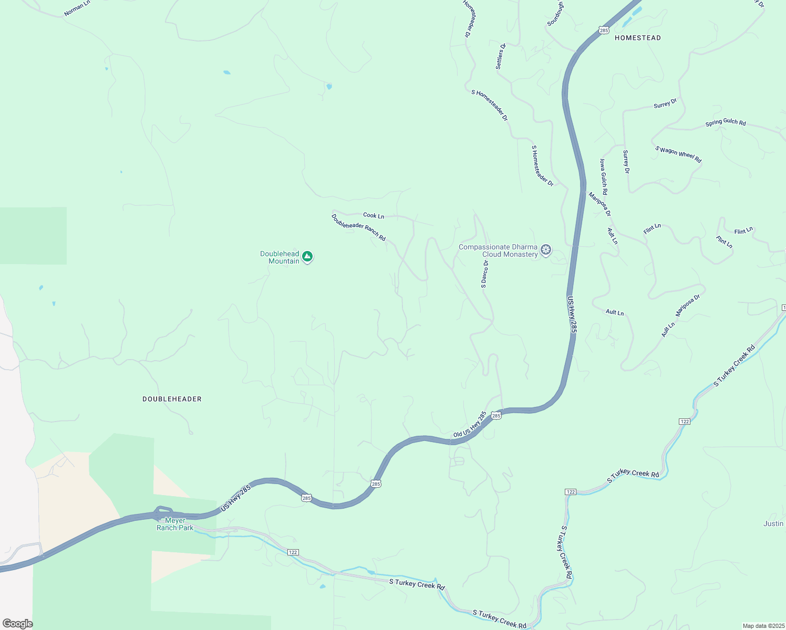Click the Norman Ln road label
tap(77, 8)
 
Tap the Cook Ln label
tap(374, 215)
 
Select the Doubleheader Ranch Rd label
tap(358, 227)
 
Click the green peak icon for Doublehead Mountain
tap(307, 257)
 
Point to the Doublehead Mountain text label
tap(280, 257)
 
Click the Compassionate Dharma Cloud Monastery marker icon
tap(546, 249)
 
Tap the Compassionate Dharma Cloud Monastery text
tap(498, 250)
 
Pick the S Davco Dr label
tap(484, 274)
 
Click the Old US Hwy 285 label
tap(470, 424)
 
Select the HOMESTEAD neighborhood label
tap(637, 38)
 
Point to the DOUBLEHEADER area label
tap(172, 399)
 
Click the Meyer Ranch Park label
tap(175, 524)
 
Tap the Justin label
tap(773, 523)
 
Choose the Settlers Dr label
tap(501, 57)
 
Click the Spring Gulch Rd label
tap(725, 122)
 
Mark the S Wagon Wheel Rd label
tap(678, 154)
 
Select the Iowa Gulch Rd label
tap(604, 176)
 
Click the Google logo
tap(17, 624)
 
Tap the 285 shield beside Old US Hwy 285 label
tap(497, 416)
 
